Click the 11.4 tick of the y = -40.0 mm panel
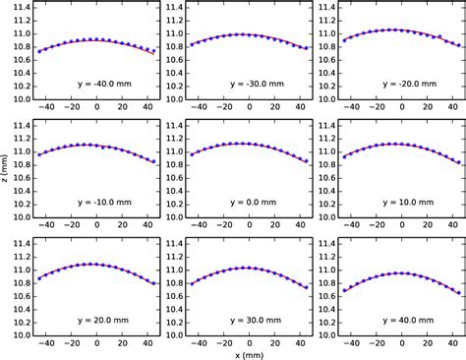tap(19, 8)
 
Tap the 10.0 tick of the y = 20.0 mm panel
tap(19, 334)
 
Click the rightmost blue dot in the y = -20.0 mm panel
tap(457, 46)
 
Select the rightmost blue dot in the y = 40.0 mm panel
tap(457, 292)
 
